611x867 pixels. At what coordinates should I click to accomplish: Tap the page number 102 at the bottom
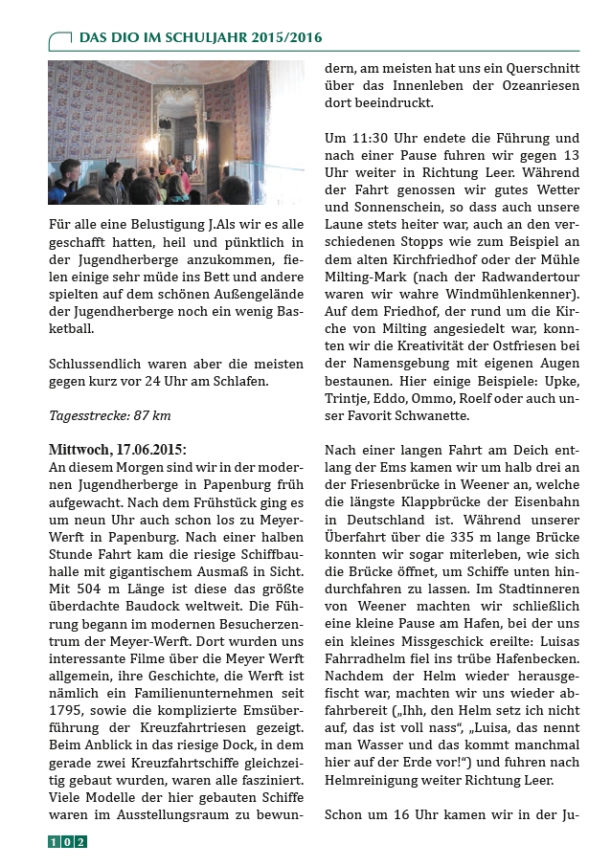pos(67,842)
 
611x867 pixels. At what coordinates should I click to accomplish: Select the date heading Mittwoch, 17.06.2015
pos(118,449)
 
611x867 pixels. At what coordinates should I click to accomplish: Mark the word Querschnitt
pos(535,69)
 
